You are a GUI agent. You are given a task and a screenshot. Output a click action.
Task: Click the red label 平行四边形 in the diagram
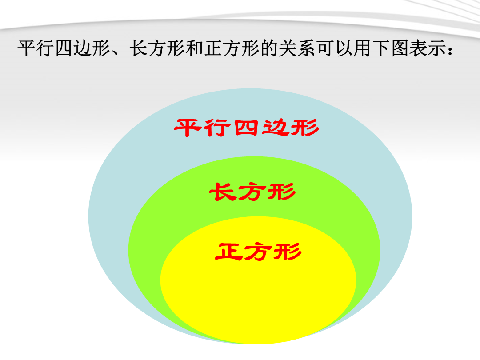point(247,128)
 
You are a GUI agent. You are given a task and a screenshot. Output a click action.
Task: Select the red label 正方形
point(258,251)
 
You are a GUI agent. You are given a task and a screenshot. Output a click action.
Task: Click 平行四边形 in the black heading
point(64,49)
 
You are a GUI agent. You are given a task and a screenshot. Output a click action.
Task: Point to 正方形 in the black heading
point(232,49)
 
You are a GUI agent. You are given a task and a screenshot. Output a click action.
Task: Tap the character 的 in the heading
point(269,49)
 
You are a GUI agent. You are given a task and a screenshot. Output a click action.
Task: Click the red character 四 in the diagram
point(246,128)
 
